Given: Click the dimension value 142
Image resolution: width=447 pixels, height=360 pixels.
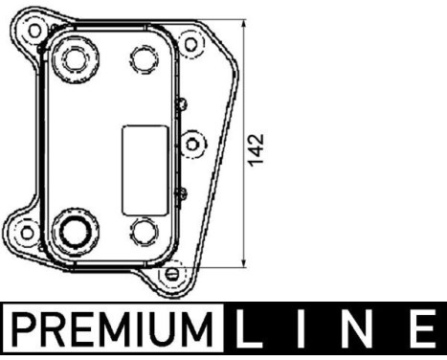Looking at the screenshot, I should (256, 146).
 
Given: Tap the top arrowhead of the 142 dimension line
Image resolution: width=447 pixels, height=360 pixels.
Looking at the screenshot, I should (246, 24).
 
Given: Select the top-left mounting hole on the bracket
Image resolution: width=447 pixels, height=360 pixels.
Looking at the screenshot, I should (35, 30).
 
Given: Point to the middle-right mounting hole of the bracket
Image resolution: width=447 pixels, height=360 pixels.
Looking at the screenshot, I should (195, 144).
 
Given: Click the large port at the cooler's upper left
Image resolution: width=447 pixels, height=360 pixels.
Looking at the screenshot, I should (74, 60).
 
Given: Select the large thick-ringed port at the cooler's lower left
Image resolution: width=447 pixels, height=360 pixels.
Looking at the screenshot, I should (74, 230).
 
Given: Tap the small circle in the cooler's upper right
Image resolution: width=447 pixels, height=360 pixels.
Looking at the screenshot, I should (145, 60).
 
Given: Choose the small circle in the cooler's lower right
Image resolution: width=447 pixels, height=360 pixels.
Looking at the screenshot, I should (145, 230).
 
